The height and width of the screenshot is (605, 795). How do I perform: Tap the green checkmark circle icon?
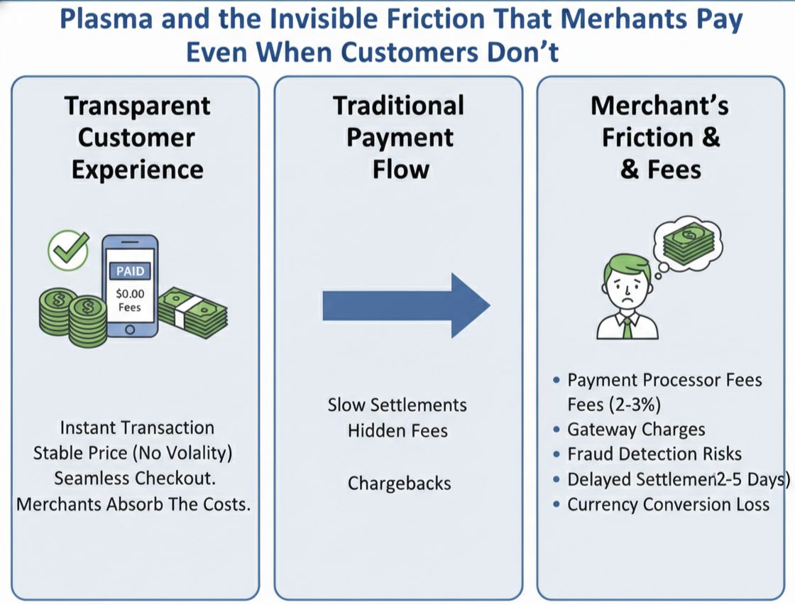click(x=67, y=251)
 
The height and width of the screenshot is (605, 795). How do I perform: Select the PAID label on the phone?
click(x=129, y=271)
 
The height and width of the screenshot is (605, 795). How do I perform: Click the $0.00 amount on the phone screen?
click(x=129, y=294)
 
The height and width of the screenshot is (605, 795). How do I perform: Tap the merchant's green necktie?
click(x=626, y=327)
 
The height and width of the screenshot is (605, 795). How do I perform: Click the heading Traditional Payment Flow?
click(x=399, y=137)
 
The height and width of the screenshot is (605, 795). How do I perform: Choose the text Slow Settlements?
click(x=397, y=405)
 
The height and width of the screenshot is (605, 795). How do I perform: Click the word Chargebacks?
click(x=399, y=484)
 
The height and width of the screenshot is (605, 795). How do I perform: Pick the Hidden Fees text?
click(x=397, y=430)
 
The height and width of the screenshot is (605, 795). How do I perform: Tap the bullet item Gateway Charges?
click(x=636, y=430)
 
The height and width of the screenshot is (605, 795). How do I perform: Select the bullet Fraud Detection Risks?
click(x=654, y=454)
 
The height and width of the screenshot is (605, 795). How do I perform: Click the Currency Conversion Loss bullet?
click(x=668, y=505)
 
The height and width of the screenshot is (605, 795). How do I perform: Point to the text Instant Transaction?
click(x=137, y=427)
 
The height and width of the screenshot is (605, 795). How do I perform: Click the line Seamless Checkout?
click(x=135, y=478)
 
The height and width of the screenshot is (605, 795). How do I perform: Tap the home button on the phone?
click(x=129, y=329)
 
